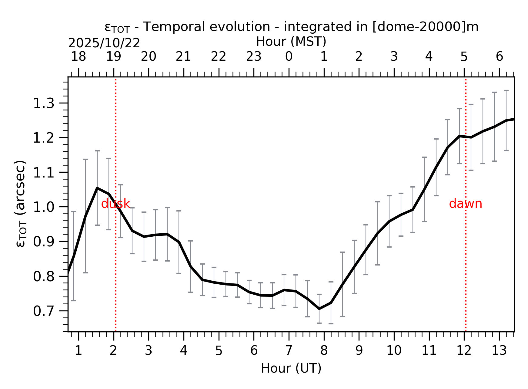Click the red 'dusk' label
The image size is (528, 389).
click(x=115, y=204)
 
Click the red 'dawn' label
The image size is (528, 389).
click(x=465, y=204)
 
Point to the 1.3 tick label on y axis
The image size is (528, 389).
click(x=43, y=104)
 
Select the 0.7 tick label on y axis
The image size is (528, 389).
click(x=43, y=311)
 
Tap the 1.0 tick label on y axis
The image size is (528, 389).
click(x=43, y=208)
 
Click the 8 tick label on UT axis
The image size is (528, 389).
click(x=324, y=351)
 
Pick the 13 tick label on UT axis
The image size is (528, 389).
click(x=499, y=351)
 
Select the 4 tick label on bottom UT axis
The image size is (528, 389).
click(x=184, y=351)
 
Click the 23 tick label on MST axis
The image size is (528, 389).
click(x=254, y=56)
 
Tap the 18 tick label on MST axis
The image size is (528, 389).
click(x=79, y=56)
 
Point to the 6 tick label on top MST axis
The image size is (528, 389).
click(x=499, y=56)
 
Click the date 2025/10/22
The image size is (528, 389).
click(x=104, y=43)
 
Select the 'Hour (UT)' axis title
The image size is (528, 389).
click(x=291, y=368)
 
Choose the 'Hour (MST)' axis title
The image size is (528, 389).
click(x=291, y=42)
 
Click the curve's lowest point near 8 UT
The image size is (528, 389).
click(x=319, y=309)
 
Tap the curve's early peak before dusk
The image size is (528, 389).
click(x=97, y=188)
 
